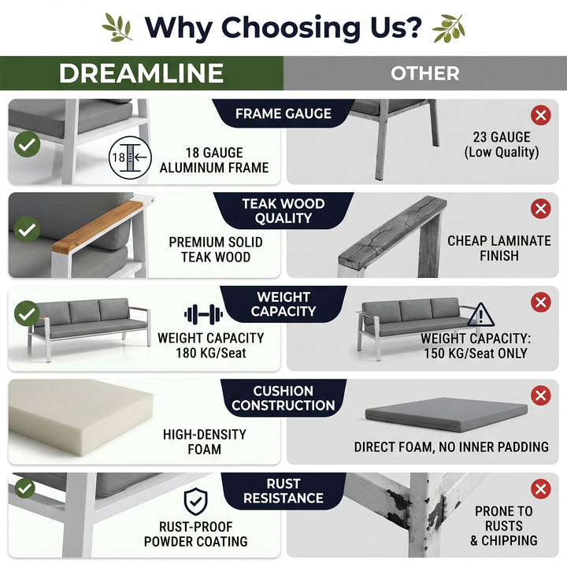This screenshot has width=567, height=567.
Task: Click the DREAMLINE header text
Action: [141, 73]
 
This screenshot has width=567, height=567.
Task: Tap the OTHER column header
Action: [425, 73]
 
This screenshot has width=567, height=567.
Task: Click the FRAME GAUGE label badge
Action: [283, 113]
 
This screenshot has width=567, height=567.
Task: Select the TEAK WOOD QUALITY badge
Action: [283, 211]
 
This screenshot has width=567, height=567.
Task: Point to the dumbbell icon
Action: [204, 314]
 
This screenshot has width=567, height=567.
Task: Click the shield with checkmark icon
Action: [195, 501]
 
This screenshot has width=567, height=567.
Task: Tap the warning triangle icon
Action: [480, 314]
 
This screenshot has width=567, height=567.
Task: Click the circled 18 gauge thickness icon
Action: [130, 157]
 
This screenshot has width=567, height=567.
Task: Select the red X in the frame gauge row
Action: [541, 115]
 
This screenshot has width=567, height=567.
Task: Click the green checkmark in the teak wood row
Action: [27, 230]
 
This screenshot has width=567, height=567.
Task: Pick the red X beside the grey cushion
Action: [541, 395]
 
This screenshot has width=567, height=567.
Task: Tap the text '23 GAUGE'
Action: [502, 137]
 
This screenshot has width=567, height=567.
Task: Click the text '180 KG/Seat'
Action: [211, 353]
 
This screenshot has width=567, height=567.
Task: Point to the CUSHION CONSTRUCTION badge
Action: [283, 398]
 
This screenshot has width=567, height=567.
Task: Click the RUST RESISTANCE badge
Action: [283, 491]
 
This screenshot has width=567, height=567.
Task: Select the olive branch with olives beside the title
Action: [448, 28]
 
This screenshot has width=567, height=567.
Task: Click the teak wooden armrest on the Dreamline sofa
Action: [97, 227]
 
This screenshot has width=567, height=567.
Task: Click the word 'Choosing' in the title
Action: [291, 28]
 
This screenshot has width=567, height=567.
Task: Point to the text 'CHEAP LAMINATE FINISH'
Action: [499, 248]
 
